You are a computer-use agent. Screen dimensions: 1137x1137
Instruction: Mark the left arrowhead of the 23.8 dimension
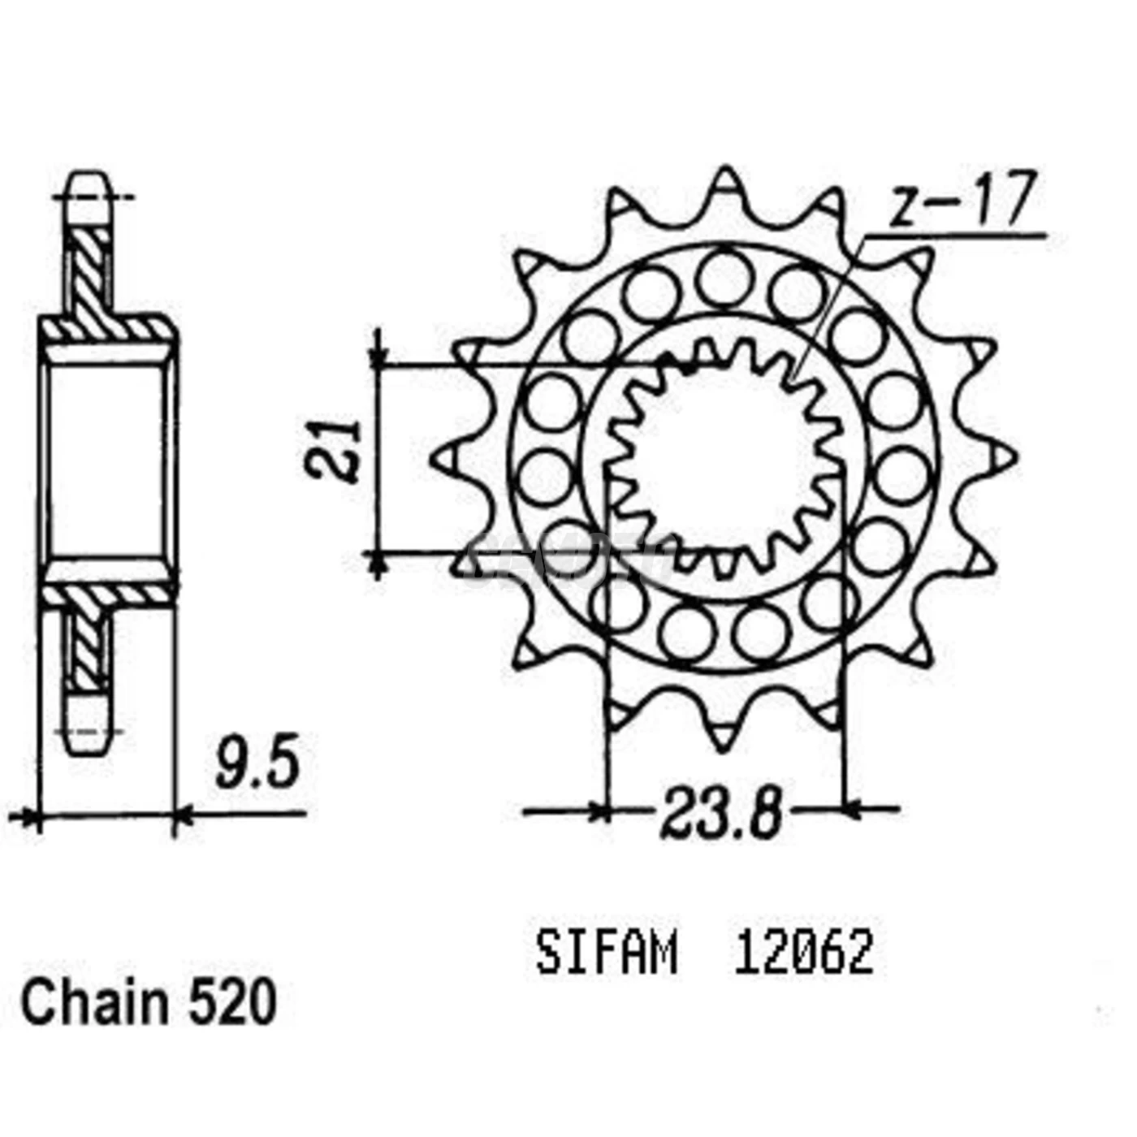click(x=601, y=810)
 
